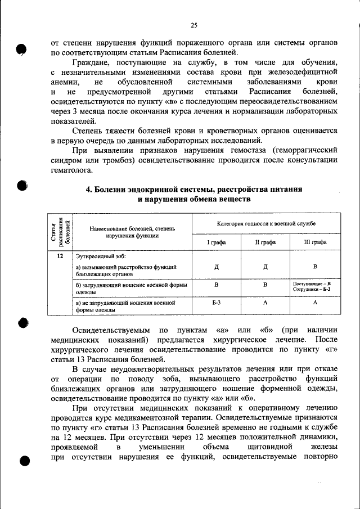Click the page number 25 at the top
click(x=193, y=25)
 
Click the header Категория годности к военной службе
click(x=266, y=224)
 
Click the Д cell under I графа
click(x=217, y=267)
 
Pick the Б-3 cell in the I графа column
click(x=217, y=303)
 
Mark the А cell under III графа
click(x=315, y=303)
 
